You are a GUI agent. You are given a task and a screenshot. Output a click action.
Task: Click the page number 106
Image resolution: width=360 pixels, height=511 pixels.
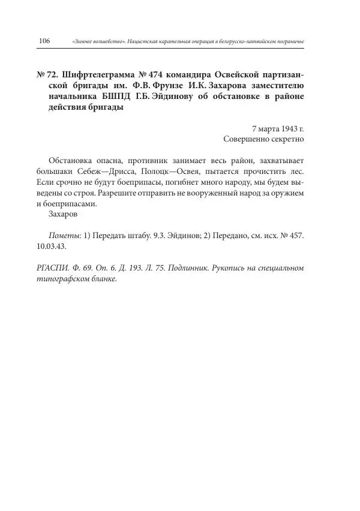point(44,40)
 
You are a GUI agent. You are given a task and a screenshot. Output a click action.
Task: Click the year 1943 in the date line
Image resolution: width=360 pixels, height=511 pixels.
point(287,128)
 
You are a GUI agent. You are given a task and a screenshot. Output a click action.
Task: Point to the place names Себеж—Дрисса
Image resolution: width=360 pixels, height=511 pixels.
point(110,171)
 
